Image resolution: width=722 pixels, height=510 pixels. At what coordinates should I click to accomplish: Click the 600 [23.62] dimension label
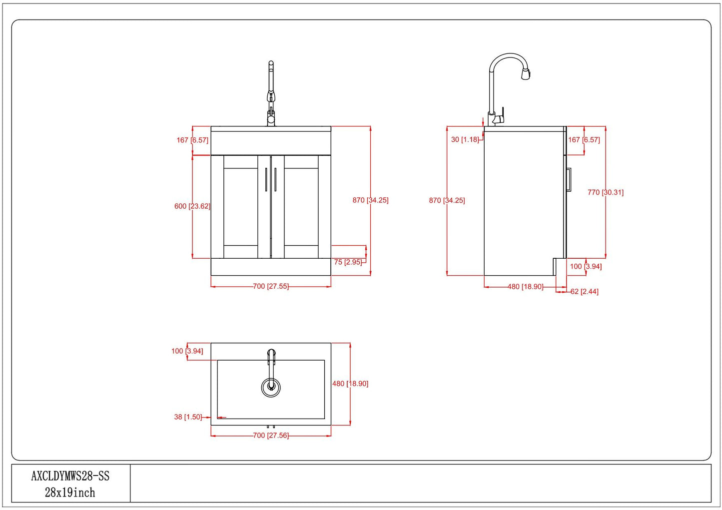[x=192, y=206]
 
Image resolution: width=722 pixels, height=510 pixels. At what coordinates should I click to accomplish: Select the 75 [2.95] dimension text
[x=348, y=262]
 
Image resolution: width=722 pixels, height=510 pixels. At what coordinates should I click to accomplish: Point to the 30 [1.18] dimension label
[x=465, y=139]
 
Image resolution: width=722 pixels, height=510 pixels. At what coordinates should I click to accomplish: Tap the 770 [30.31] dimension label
[x=605, y=192]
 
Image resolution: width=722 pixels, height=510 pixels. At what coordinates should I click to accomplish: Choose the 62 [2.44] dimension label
[x=585, y=292]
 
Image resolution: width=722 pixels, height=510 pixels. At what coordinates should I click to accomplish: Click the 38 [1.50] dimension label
[x=188, y=417]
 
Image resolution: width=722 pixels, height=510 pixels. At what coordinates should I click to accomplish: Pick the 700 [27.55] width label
[x=271, y=286]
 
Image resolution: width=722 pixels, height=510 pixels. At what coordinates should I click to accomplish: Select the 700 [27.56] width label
[x=271, y=435]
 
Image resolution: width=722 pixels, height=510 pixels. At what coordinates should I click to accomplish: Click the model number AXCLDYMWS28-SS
[x=70, y=476]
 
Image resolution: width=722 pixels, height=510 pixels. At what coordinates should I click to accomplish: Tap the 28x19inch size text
[x=70, y=493]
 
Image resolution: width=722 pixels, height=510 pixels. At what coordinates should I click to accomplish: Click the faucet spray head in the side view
[x=526, y=74]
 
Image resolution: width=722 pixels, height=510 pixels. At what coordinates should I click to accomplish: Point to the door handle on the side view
[x=569, y=179]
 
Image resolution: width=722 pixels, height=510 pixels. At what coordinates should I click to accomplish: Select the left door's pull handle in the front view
[x=266, y=179]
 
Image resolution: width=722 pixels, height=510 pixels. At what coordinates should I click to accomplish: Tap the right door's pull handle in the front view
[x=275, y=179]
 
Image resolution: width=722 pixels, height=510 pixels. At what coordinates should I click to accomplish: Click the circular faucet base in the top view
[x=271, y=387]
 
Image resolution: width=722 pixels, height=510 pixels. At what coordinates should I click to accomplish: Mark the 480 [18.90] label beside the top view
[x=350, y=384]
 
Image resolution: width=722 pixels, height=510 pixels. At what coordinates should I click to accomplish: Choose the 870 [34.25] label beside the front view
[x=370, y=200]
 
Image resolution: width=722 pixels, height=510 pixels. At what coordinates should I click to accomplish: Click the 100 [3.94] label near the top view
[x=187, y=351]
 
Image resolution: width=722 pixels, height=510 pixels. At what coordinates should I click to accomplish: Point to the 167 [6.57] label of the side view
[x=584, y=140]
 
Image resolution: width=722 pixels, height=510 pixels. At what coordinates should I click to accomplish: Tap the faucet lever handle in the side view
[x=500, y=116]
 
